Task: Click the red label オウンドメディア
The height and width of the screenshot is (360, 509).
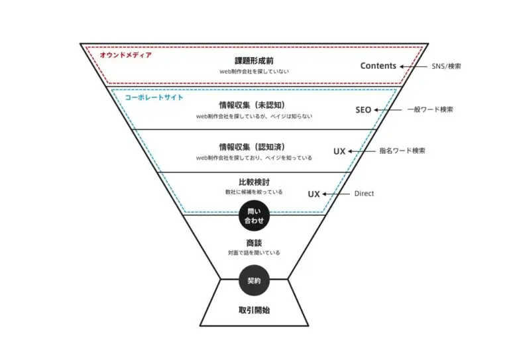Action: tap(126, 55)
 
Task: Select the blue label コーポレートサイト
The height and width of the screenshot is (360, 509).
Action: tap(154, 97)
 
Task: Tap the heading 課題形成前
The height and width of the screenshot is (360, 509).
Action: tap(254, 61)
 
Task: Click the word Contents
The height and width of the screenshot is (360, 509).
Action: tap(378, 66)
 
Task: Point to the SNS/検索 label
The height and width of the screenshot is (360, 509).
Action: tap(446, 66)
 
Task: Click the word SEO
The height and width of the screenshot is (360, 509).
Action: tap(363, 110)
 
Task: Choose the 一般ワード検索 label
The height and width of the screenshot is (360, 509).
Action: tap(430, 109)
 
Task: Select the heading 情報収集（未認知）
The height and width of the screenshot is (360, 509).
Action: tap(253, 105)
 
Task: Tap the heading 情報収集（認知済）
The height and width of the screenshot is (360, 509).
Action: tap(253, 147)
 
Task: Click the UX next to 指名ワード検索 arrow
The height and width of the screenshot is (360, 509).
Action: tap(339, 151)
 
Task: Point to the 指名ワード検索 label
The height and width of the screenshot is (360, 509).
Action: tap(402, 150)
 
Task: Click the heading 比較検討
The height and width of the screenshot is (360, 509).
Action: tap(254, 182)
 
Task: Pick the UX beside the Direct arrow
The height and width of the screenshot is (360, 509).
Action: tap(314, 194)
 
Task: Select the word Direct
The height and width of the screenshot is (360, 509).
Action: tap(364, 194)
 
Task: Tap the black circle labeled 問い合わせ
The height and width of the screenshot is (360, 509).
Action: tap(254, 215)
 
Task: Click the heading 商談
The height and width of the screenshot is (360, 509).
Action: tap(254, 243)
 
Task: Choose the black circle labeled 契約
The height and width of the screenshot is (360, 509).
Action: tap(254, 280)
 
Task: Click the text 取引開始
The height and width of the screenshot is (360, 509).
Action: tap(254, 310)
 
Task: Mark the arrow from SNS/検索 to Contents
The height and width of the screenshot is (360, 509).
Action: tap(414, 66)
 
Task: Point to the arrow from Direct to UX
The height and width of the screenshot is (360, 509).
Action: tap(336, 194)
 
